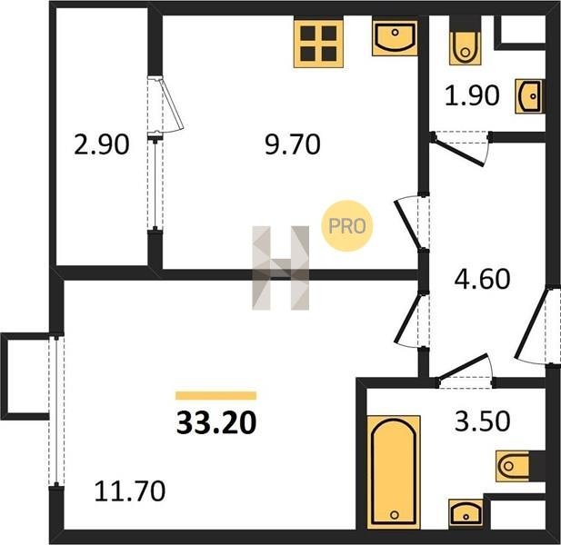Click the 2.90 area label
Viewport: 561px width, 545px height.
(101, 144)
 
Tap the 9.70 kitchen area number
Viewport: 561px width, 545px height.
(292, 144)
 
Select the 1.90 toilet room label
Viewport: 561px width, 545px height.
(472, 95)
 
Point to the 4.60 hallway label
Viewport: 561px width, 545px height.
(482, 279)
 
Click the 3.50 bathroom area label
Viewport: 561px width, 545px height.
(482, 421)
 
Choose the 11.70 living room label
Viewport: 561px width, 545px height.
(129, 490)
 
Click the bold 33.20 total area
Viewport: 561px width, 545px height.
(216, 422)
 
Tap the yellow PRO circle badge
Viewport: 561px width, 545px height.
(346, 226)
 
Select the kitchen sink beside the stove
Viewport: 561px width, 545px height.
(395, 38)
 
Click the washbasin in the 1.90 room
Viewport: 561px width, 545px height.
(529, 96)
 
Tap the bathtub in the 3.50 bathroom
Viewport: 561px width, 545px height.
(394, 472)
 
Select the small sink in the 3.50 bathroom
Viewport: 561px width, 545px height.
(466, 513)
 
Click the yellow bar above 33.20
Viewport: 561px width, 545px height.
(216, 395)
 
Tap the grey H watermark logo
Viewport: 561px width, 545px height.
(280, 268)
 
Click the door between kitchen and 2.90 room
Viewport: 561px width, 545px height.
(165, 104)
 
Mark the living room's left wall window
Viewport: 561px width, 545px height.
(56, 411)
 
